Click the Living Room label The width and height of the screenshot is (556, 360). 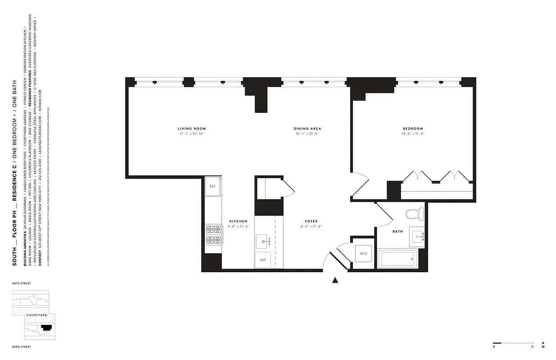click(x=191, y=129)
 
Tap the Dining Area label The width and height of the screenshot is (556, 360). click(x=307, y=129)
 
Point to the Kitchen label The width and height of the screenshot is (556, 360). click(x=238, y=221)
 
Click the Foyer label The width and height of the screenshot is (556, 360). click(x=311, y=221)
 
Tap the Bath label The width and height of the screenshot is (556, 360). click(x=398, y=231)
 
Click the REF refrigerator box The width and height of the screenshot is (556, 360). click(x=212, y=185)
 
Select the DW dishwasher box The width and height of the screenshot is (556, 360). click(x=263, y=260)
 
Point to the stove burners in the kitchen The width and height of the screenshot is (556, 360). click(x=213, y=234)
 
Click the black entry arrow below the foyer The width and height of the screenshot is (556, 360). click(x=335, y=280)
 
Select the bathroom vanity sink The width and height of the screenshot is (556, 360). click(x=416, y=236)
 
